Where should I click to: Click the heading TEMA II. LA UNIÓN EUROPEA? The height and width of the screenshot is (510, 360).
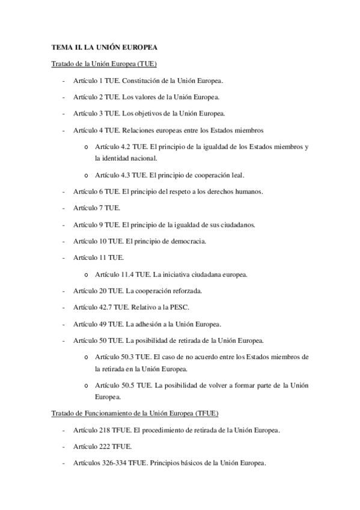click(x=103, y=46)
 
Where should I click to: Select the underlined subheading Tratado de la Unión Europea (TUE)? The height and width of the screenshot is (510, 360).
click(x=103, y=63)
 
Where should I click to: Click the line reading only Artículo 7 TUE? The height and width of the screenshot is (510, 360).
click(x=96, y=208)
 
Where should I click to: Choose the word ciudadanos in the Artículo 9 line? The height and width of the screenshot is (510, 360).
click(x=235, y=225)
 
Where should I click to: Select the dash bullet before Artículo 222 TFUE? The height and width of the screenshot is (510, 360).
click(x=64, y=447)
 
